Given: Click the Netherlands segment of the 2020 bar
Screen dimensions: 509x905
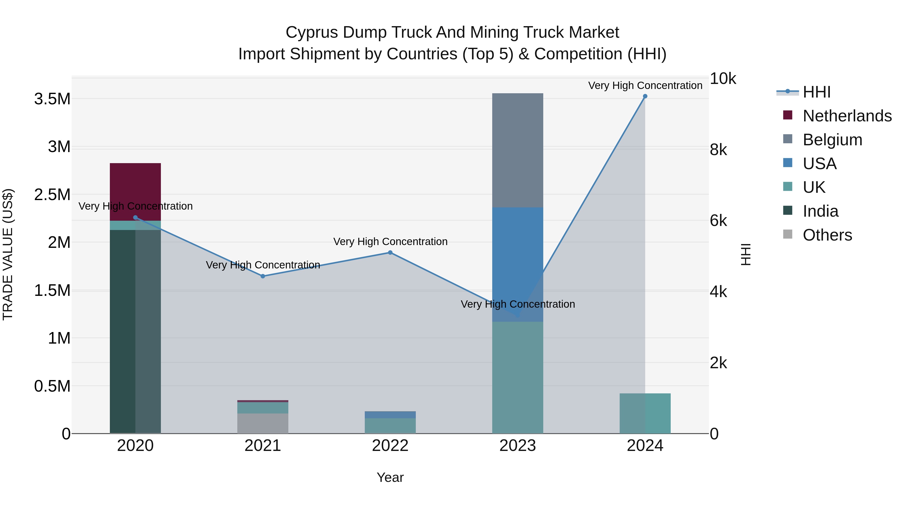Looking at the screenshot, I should coord(135,192).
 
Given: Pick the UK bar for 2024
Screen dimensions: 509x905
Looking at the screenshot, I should coord(645,413).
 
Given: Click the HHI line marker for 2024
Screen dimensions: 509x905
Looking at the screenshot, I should coord(645,96).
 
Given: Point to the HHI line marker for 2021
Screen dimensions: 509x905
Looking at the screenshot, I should coord(263,276).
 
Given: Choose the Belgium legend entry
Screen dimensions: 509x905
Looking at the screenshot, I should coord(832,140).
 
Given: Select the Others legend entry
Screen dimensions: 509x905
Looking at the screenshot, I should coord(827,235).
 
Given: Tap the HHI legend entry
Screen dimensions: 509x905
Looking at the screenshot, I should coord(817,92).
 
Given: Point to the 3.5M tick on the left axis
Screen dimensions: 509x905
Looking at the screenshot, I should coord(52,99).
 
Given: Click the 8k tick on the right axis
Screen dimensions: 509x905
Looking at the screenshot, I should coord(718,150).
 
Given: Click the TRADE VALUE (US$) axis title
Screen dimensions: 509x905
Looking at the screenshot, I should coord(8,254).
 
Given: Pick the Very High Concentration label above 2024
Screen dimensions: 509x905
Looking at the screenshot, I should coord(645,86).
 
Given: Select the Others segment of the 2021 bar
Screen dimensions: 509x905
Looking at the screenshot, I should coord(263,423).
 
